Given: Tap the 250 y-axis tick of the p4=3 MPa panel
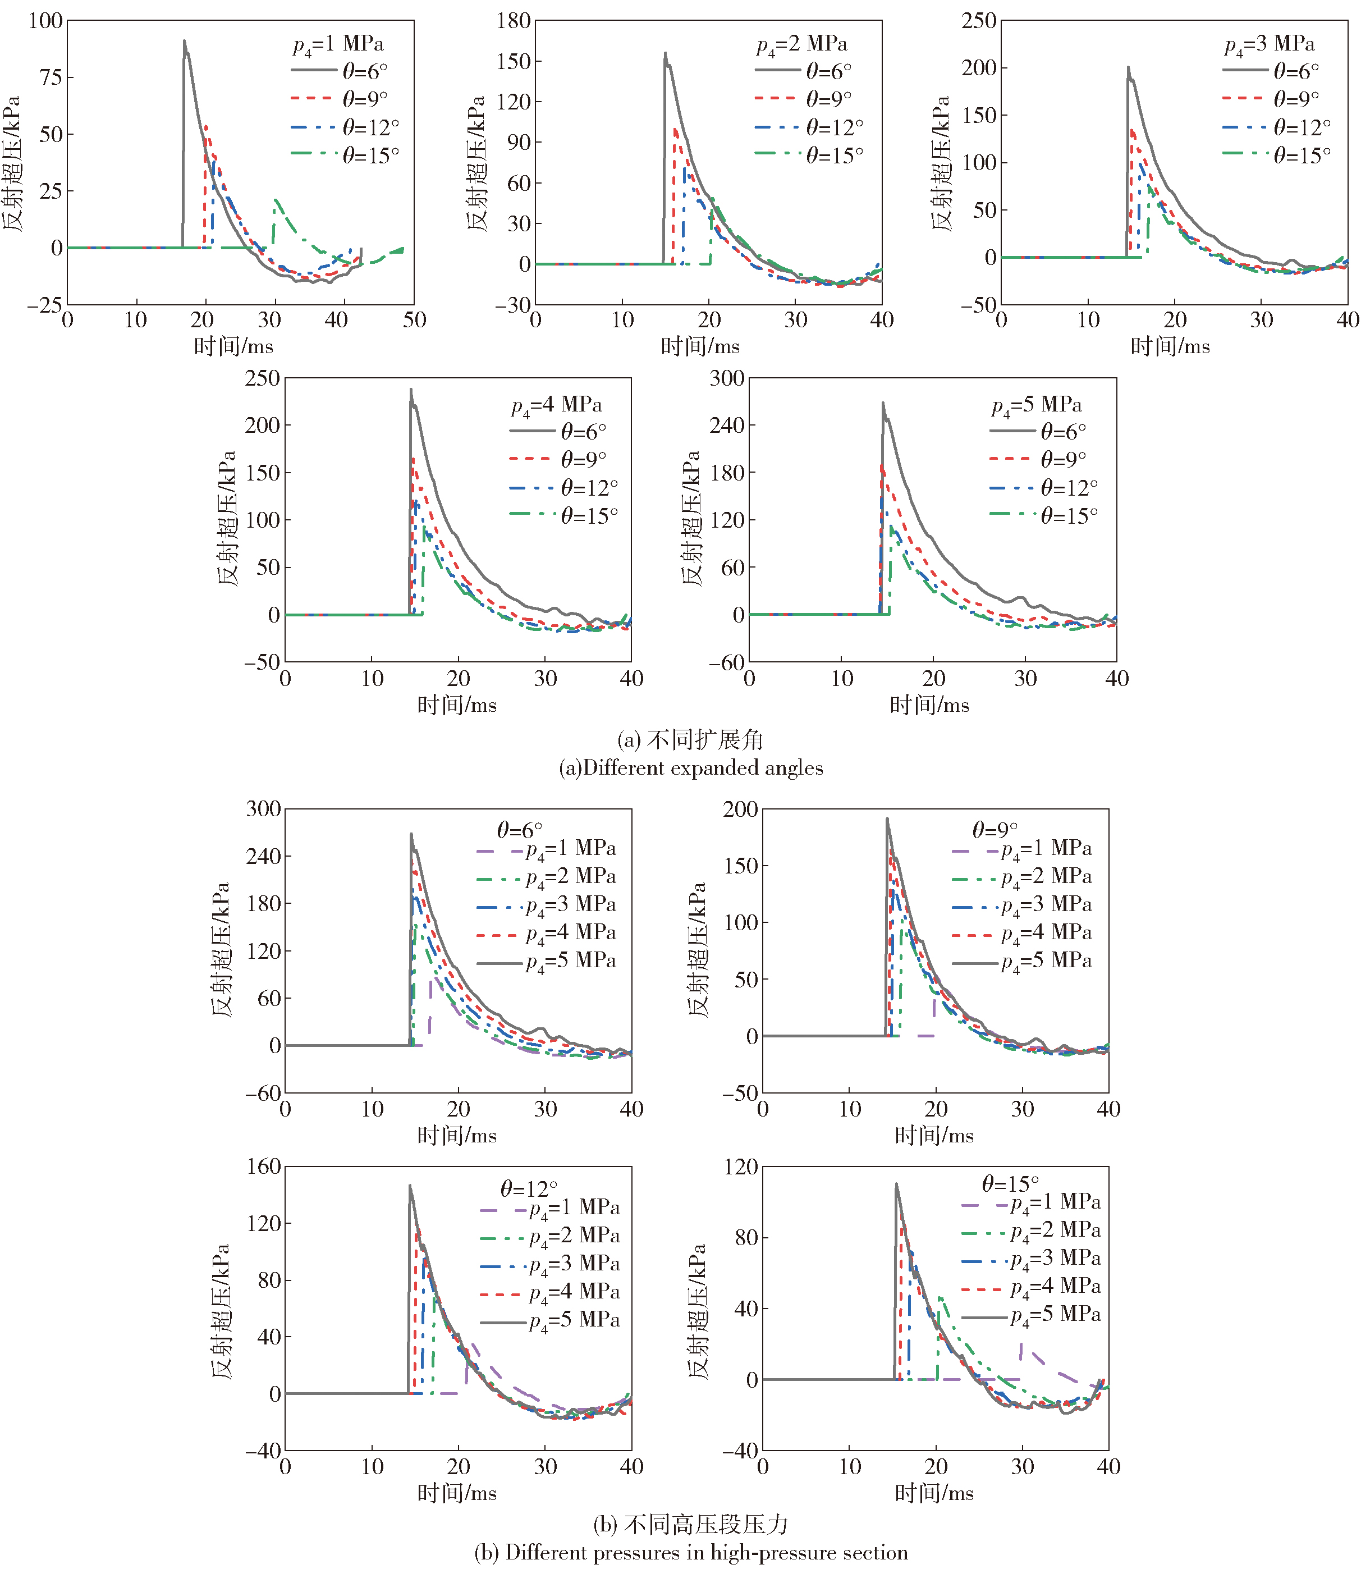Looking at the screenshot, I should click(x=979, y=21).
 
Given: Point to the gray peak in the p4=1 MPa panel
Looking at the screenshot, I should click(x=184, y=42).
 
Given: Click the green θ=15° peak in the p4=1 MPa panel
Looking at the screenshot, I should click(x=275, y=200).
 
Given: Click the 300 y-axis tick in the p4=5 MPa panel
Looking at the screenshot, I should click(x=727, y=378).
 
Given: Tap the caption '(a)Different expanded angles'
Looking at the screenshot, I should click(x=690, y=768).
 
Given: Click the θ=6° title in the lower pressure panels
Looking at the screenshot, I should click(x=520, y=829).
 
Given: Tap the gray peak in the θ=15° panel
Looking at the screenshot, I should click(x=896, y=1184).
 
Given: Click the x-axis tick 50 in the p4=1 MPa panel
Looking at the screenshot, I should click(x=414, y=320).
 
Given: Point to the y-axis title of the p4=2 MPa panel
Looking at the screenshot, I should click(x=475, y=163).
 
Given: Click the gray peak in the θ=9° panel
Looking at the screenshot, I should click(x=887, y=820).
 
